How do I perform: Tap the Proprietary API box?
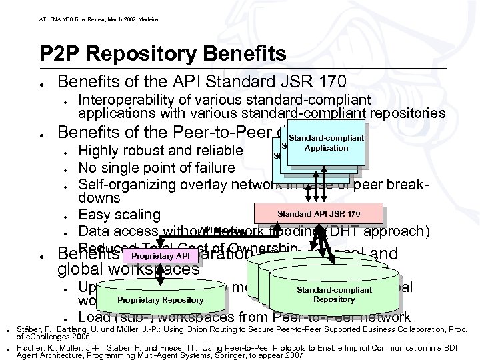(x=161, y=255)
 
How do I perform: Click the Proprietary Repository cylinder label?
(x=160, y=299)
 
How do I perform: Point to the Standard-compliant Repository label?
(x=334, y=295)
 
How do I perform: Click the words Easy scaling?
(x=119, y=215)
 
